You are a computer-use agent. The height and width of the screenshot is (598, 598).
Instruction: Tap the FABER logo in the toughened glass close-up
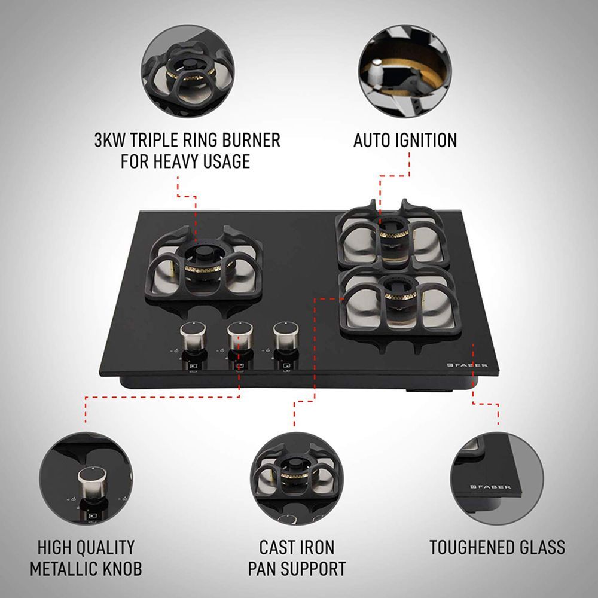point(491,487)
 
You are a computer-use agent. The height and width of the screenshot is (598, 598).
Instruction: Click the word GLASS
point(541,547)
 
